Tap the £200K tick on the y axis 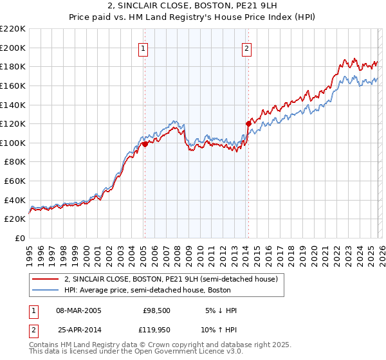[x=14, y=48]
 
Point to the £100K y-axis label [x=14, y=143]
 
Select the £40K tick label [x=15, y=200]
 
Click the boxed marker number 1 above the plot [x=143, y=47]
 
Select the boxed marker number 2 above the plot [x=247, y=47]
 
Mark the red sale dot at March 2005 [x=145, y=145]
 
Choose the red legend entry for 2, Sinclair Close [x=170, y=279]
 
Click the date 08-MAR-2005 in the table [x=78, y=310]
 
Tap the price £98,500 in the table [x=156, y=310]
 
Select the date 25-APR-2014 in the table [x=78, y=330]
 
